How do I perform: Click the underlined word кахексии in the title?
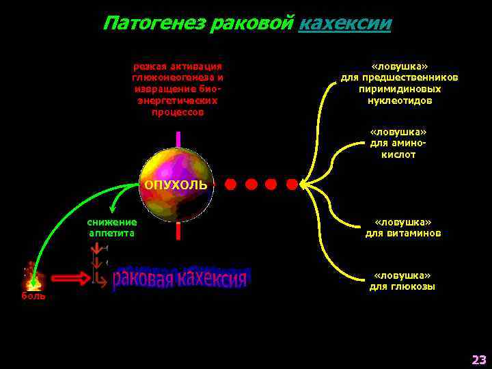point(345,23)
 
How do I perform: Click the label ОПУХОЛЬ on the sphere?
point(176,185)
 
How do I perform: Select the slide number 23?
point(478,359)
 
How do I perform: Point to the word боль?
point(33,296)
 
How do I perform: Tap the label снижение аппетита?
point(112,228)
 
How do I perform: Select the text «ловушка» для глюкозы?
point(402,281)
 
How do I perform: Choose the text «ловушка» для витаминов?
point(402,228)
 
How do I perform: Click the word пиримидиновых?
point(400,89)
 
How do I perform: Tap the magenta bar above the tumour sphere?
point(178,139)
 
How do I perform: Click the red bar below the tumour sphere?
point(178,231)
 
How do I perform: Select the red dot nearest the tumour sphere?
point(231,184)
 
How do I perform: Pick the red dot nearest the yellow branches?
point(291,184)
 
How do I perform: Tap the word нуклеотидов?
point(400,100)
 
